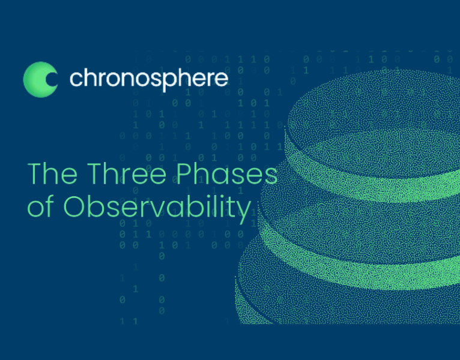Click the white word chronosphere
coord(148,79)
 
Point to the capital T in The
coord(35,174)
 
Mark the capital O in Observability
coord(74,207)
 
